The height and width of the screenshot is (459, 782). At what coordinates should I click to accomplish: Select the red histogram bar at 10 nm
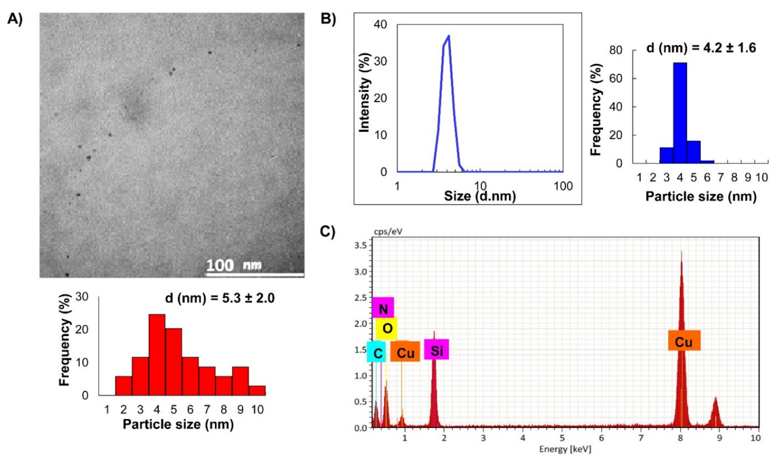pyautogui.click(x=257, y=390)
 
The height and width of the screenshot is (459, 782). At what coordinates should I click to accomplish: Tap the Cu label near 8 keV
pyautogui.click(x=684, y=342)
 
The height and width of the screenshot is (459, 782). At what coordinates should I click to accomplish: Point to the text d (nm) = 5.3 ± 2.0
pyautogui.click(x=220, y=298)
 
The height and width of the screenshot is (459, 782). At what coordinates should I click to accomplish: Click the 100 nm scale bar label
pyautogui.click(x=234, y=265)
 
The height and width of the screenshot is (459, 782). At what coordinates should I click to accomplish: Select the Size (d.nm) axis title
pyautogui.click(x=480, y=196)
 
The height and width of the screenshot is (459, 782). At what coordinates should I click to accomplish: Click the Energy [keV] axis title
pyautogui.click(x=565, y=449)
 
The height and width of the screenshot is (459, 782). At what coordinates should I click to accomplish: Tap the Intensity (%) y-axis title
pyautogui.click(x=365, y=93)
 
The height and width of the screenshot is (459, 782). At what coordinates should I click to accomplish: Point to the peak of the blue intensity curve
pyautogui.click(x=449, y=36)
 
